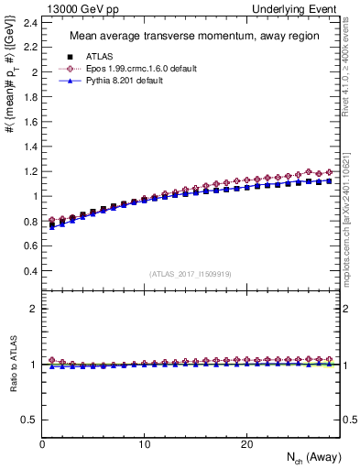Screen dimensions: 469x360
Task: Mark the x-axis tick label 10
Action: (x=144, y=444)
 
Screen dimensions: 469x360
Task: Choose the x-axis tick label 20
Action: (x=246, y=444)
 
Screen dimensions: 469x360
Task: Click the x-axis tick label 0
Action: (x=42, y=444)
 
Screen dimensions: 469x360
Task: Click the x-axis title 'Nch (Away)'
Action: (x=315, y=458)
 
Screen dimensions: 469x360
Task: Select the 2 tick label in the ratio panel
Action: (x=33, y=309)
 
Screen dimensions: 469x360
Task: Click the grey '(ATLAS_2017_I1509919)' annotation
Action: (x=191, y=273)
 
